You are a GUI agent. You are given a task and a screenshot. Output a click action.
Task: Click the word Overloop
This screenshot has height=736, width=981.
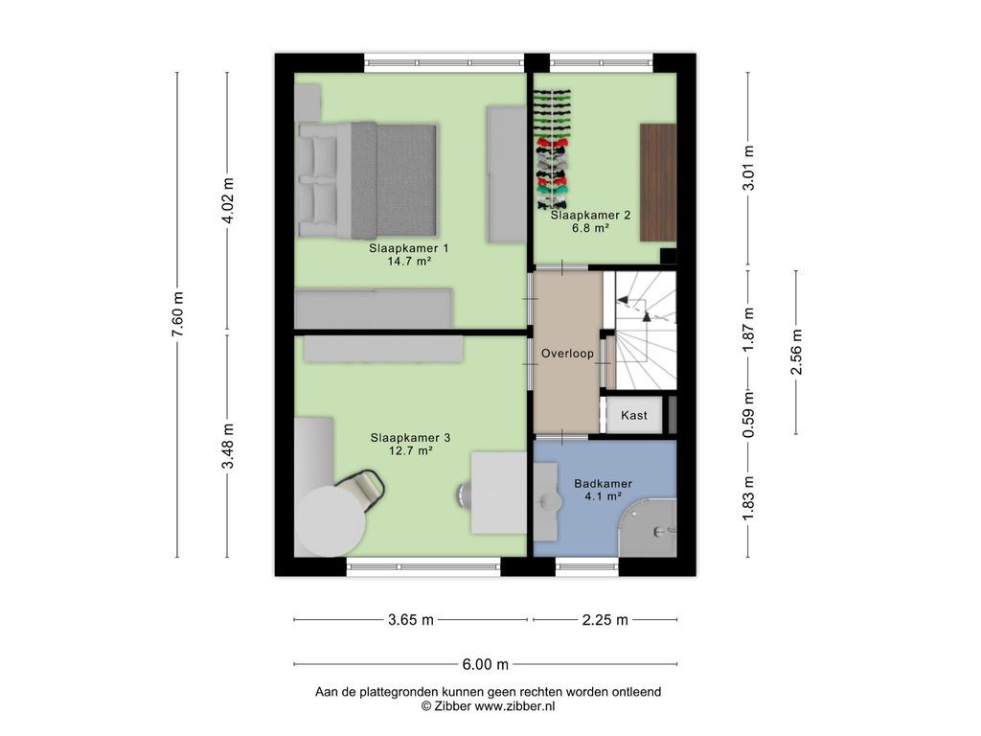click(x=567, y=354)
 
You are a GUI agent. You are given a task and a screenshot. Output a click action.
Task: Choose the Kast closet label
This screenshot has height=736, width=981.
click(x=634, y=415)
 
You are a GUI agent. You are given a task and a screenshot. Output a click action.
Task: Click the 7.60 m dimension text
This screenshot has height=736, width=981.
click(x=177, y=314)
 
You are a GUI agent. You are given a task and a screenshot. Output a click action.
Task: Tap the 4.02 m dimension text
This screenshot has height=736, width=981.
click(x=228, y=200)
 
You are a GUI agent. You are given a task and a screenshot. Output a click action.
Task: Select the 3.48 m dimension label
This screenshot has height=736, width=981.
click(x=228, y=446)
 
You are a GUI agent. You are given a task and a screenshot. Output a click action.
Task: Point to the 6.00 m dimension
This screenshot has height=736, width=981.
click(x=486, y=665)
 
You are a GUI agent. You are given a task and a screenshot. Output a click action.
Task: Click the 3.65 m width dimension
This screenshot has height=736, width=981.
click(x=410, y=620)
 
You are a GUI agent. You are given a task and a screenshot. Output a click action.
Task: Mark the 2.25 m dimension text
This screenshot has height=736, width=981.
click(x=605, y=620)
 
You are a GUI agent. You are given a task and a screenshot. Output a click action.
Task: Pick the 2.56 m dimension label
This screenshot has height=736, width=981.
click(x=796, y=352)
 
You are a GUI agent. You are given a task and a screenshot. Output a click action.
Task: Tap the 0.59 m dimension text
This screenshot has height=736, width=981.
click(x=748, y=415)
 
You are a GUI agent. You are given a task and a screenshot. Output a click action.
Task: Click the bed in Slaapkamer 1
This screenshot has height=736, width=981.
click(x=367, y=180)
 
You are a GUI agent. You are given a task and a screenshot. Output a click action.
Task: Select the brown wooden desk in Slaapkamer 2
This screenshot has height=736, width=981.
click(x=657, y=182)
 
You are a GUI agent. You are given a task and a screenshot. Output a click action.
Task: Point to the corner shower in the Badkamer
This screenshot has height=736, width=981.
click(x=649, y=528)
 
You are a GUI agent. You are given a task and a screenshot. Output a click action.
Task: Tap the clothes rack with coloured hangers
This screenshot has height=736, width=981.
click(x=552, y=149)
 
